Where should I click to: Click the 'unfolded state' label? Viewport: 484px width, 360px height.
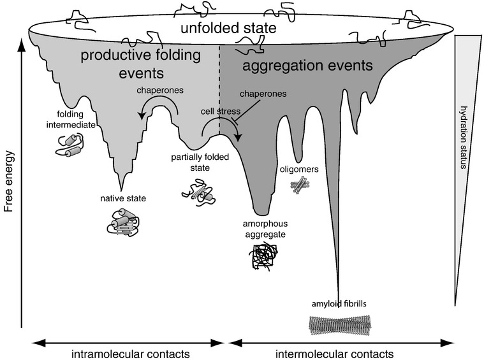tap(228, 28)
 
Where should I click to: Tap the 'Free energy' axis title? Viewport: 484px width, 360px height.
tap(10, 181)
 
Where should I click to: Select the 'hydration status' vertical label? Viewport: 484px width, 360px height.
tap(464, 137)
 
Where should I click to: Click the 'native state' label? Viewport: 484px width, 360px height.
tap(123, 198)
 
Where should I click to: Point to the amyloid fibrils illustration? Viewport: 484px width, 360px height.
tap(340, 325)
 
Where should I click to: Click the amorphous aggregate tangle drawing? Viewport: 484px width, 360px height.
tap(263, 256)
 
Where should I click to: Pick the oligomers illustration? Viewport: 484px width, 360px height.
tap(300, 185)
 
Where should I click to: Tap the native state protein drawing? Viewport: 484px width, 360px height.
tap(123, 222)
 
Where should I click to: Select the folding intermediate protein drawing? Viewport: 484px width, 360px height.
tap(70, 145)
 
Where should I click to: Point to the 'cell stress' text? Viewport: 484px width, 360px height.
tap(221, 112)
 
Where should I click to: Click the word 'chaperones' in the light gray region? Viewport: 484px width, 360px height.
tap(160, 90)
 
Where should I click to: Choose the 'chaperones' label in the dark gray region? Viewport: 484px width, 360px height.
tap(263, 94)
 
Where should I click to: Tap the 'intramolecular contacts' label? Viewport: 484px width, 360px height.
tap(131, 354)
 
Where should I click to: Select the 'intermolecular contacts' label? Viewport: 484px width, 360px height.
tap(335, 354)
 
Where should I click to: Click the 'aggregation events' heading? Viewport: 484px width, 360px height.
tap(307, 66)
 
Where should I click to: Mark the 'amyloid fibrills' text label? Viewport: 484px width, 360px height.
tap(339, 304)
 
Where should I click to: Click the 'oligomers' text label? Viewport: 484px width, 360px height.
tap(299, 169)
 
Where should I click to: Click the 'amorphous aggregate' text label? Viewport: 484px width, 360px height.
tap(265, 229)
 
